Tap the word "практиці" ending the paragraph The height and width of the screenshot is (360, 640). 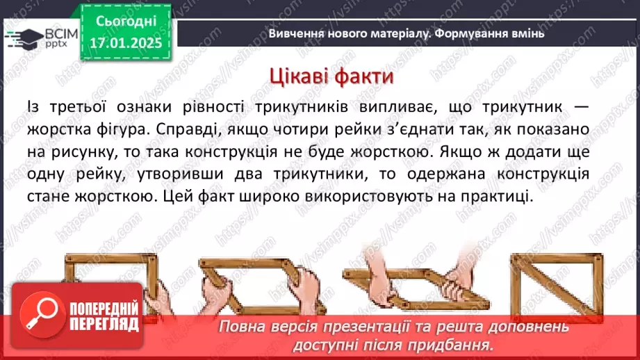click(497, 197)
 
